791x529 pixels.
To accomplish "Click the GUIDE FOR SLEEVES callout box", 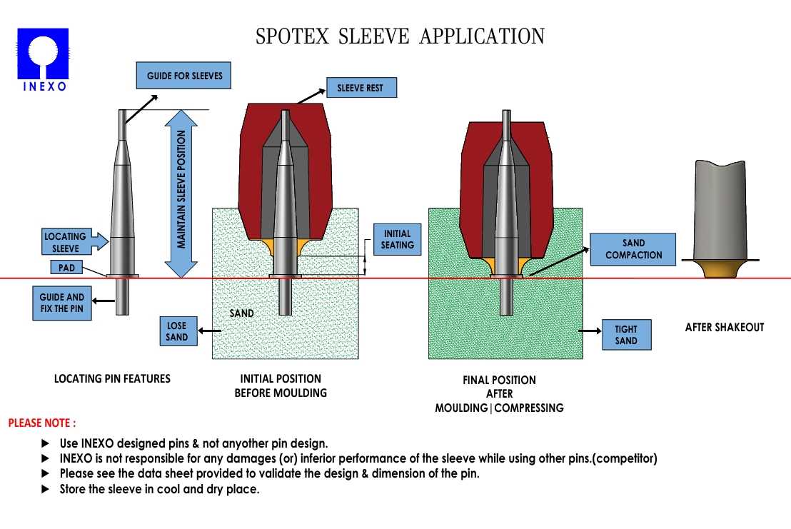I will click(x=185, y=76).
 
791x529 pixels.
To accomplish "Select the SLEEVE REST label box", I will click(x=361, y=89).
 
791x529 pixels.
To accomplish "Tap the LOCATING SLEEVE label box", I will click(x=66, y=242).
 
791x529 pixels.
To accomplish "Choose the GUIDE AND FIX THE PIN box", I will click(x=61, y=303).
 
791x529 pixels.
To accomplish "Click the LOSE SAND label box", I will click(x=177, y=331).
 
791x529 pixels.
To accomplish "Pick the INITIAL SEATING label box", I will click(x=398, y=239).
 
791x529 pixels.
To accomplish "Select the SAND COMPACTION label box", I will click(x=633, y=249).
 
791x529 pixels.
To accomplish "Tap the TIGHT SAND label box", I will click(x=626, y=335).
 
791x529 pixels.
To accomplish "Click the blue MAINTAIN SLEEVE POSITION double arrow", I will click(x=182, y=193).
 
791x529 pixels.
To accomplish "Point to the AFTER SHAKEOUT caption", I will click(x=724, y=328).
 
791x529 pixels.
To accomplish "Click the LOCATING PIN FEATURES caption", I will click(x=113, y=378).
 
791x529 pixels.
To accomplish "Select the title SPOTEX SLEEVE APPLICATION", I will click(x=400, y=36).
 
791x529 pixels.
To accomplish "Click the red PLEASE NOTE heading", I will click(x=42, y=423).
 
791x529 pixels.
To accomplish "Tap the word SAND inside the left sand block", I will click(x=241, y=313).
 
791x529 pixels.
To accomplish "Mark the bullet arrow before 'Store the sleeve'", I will click(x=46, y=490).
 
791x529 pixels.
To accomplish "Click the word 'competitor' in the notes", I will click(x=628, y=458).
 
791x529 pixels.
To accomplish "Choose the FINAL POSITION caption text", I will click(x=499, y=380).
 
